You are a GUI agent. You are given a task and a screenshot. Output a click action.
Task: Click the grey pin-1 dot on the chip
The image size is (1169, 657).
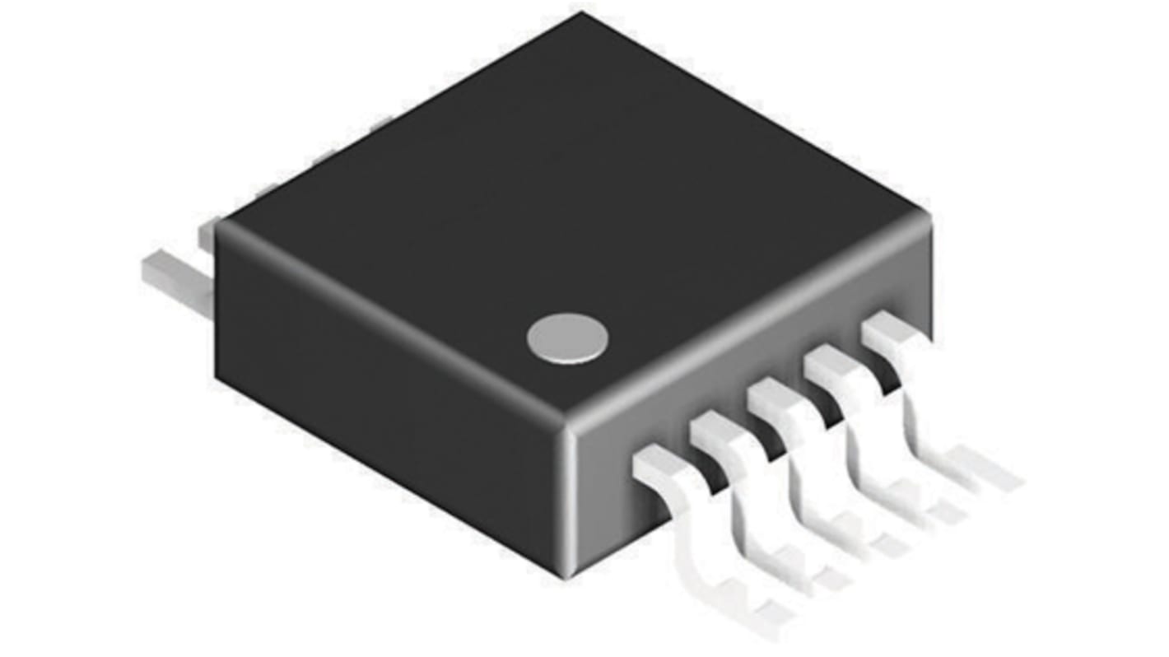coord(567,338)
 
